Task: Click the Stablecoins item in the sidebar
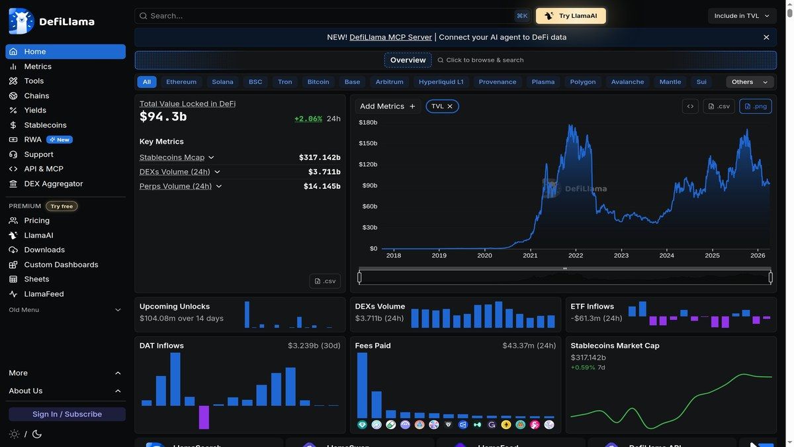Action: point(45,125)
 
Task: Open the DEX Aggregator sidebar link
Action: point(53,183)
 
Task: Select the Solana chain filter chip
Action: point(222,82)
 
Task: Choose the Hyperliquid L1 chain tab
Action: point(441,82)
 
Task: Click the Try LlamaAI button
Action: point(570,16)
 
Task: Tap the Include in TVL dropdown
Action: point(742,16)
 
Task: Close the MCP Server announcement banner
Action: point(766,38)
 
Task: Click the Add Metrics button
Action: point(387,106)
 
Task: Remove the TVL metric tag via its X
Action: point(450,106)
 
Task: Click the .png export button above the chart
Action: point(755,106)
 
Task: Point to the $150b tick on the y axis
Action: point(368,143)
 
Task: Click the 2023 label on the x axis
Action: point(621,256)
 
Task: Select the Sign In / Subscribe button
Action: point(67,414)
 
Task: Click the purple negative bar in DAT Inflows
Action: point(204,417)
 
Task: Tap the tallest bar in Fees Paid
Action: point(362,385)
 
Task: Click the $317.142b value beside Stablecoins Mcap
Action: point(320,158)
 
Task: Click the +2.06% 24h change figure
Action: point(308,119)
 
